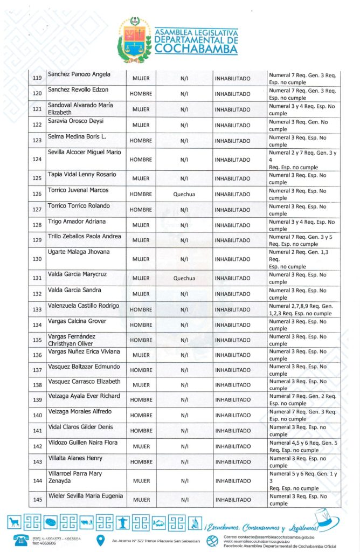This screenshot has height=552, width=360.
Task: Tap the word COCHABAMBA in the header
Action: (196, 49)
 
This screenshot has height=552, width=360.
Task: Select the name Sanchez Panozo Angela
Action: (79, 74)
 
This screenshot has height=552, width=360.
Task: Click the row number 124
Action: (38, 160)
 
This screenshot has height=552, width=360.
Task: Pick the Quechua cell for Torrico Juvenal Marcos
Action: (184, 194)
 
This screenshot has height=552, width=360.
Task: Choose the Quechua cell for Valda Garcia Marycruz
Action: (184, 279)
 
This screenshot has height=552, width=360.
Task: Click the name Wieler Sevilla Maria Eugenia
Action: (86, 496)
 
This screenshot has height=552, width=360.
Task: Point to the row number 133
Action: (38, 309)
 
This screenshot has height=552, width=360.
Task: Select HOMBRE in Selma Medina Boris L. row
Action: (141, 141)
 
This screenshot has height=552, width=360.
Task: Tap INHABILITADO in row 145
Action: (232, 500)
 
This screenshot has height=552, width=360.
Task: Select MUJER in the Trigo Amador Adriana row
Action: (141, 225)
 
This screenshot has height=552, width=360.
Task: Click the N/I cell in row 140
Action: (184, 415)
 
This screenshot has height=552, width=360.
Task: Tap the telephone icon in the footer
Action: (23, 540)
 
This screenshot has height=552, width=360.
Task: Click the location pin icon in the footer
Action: (100, 540)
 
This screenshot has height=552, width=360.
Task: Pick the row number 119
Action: (38, 78)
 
